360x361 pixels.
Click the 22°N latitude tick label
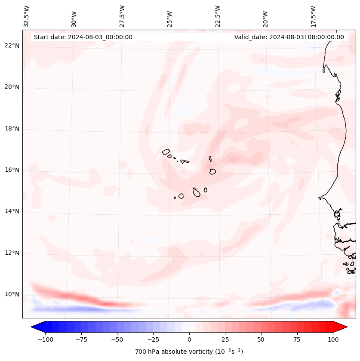pos(12,46)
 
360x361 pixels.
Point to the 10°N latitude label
pos(12,295)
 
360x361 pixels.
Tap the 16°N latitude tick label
pos(12,170)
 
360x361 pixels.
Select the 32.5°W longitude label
pos(27,16)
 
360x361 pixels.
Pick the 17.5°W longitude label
pos(313,16)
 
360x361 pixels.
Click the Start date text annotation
pos(83,37)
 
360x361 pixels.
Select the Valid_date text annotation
pos(289,37)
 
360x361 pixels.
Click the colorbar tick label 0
pos(189,339)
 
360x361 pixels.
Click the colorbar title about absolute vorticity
pos(189,352)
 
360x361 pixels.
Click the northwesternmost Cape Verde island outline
pos(166,151)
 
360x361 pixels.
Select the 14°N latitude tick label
pos(12,212)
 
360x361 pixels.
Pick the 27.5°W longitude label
pos(122,16)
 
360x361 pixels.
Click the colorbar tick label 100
pos(333,339)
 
